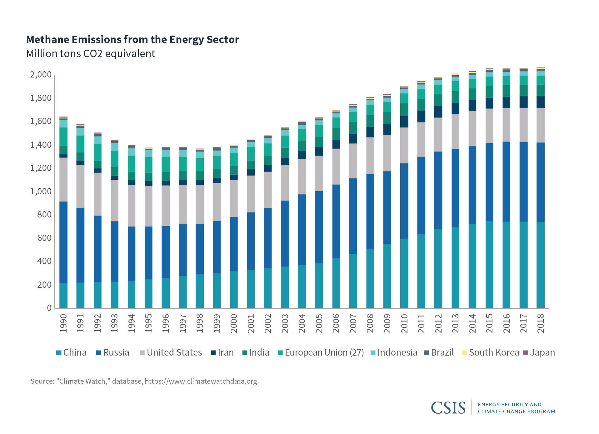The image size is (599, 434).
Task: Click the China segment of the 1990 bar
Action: [63, 295]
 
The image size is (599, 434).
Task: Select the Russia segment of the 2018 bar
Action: [541, 182]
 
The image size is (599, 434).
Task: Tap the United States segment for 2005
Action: [319, 173]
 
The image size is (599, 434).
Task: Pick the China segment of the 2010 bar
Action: [404, 273]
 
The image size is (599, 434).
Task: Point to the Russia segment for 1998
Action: [200, 249]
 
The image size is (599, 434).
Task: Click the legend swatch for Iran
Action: [213, 353]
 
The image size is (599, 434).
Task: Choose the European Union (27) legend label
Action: [324, 352]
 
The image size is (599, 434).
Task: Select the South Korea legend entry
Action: [494, 352]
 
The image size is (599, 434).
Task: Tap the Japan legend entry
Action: [542, 352]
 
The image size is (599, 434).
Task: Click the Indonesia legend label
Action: [397, 352]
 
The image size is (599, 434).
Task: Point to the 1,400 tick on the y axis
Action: [41, 145]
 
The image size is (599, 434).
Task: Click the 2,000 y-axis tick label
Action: [41, 75]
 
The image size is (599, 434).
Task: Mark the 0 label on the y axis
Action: [49, 308]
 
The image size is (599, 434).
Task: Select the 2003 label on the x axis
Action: [285, 323]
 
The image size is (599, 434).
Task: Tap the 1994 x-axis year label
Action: [132, 323]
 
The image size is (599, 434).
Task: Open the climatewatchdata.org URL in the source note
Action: [202, 381]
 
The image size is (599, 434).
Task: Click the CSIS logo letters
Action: [448, 408]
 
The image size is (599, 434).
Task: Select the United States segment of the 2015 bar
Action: [489, 126]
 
